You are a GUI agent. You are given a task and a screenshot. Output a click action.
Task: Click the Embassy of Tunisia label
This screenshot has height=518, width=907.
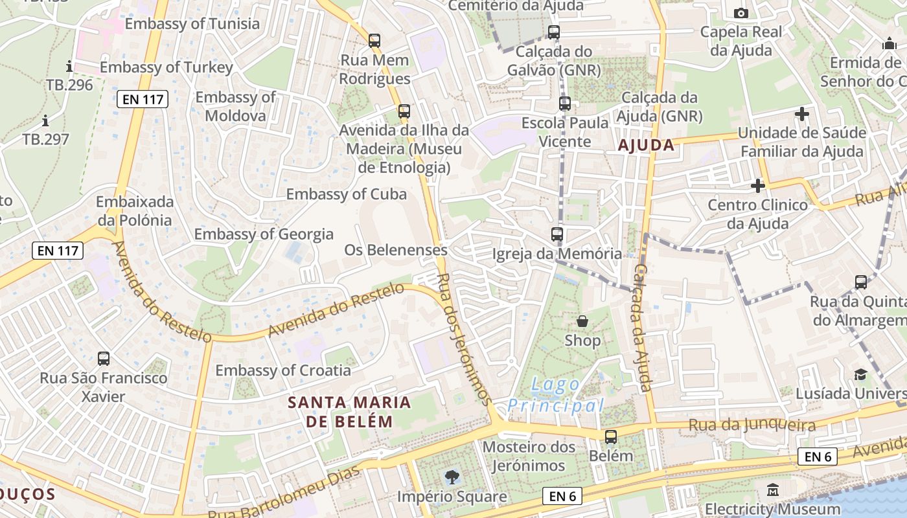[192, 24]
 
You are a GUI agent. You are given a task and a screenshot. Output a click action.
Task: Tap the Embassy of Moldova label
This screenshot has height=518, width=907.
[235, 106]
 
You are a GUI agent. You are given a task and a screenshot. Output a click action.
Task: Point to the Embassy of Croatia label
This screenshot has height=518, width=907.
[283, 370]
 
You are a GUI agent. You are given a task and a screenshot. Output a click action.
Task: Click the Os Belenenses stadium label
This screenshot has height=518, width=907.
[395, 250]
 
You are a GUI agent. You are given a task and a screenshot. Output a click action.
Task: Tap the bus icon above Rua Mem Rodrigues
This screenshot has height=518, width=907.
[374, 41]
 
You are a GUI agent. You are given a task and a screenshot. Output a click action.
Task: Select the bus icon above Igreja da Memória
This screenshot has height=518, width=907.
[557, 234]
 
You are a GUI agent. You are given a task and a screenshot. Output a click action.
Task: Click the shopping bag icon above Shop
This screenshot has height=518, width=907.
[582, 321]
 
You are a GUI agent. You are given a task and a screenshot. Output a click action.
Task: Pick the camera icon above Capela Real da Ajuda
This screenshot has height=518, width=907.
[741, 13]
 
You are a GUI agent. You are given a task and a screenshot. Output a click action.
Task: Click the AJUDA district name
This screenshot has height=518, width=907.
[646, 145]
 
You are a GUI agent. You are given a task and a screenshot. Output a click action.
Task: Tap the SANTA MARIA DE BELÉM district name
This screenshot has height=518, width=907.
[349, 412]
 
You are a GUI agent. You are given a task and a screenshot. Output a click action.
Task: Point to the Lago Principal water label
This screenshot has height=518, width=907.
[556, 395]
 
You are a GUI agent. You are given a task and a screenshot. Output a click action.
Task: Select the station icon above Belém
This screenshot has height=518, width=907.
[611, 437]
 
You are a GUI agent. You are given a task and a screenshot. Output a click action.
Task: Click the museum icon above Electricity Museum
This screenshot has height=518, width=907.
[772, 490]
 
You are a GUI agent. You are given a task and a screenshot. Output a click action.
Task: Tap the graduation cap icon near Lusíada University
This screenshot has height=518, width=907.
[860, 375]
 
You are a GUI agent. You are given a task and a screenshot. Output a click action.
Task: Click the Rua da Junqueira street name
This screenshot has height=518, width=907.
[752, 425]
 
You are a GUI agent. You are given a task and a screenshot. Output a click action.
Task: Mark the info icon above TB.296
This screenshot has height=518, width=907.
[69, 66]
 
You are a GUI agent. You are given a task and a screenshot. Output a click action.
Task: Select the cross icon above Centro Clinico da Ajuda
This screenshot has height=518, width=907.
[757, 186]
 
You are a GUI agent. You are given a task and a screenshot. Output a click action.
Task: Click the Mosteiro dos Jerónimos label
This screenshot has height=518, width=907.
[529, 456]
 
